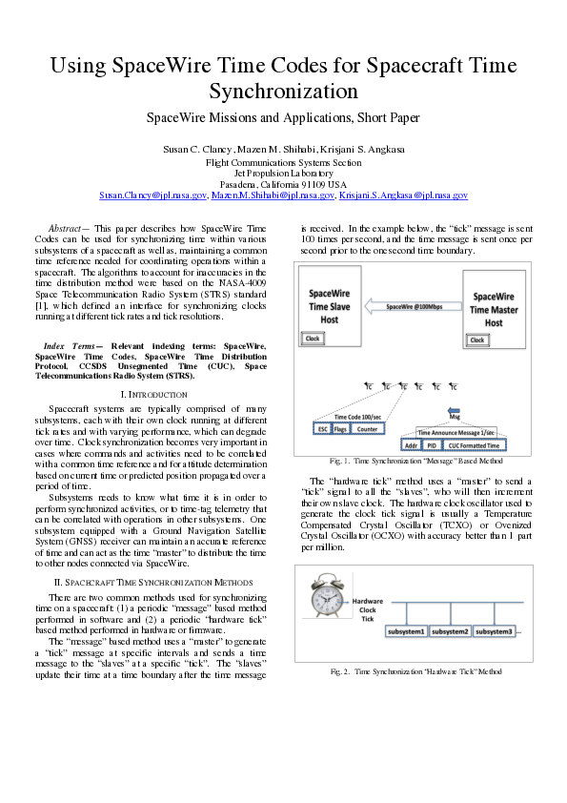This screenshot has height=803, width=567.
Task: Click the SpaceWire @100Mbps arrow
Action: [413, 306]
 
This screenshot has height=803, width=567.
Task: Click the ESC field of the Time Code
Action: [322, 430]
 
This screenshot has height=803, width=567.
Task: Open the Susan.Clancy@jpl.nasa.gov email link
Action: [153, 195]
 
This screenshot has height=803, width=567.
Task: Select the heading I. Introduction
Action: [153, 393]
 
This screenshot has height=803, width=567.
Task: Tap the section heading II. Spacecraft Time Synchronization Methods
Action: [153, 581]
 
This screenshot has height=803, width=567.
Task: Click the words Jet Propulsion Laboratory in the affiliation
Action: [283, 174]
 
